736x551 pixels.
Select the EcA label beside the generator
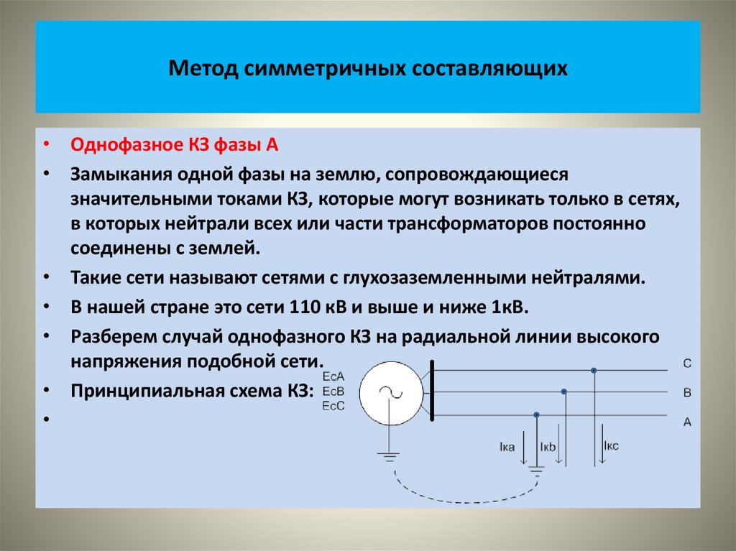click(x=334, y=376)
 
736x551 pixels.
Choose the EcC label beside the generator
click(x=334, y=406)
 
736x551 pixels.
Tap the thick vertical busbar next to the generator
click(x=433, y=392)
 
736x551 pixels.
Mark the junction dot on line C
click(x=594, y=371)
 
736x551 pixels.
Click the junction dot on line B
click(x=564, y=392)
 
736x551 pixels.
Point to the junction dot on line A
click(x=537, y=415)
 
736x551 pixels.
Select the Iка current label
click(x=507, y=448)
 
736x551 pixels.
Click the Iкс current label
click(x=612, y=445)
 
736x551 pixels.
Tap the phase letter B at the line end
click(x=687, y=393)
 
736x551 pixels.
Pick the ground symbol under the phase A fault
click(x=536, y=472)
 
